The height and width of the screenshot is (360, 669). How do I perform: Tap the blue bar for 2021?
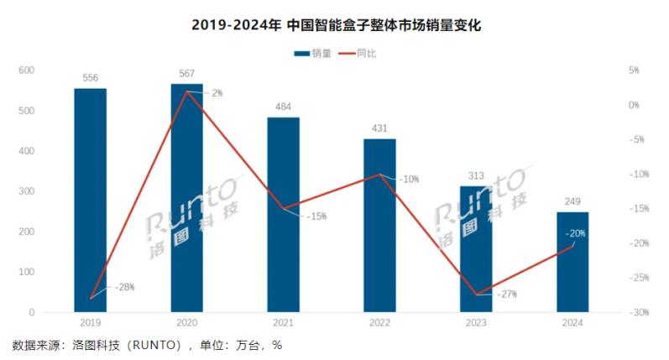tap(283, 214)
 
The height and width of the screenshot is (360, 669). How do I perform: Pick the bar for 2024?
tap(572, 261)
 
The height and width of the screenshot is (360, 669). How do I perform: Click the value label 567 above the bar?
tap(187, 73)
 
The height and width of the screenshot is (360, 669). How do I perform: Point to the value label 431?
tap(379, 128)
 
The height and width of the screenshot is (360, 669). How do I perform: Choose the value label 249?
tap(572, 201)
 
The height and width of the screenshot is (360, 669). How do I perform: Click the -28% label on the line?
tap(123, 287)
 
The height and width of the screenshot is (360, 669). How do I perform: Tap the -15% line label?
tap(315, 216)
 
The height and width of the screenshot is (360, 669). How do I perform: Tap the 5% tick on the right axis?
tap(634, 70)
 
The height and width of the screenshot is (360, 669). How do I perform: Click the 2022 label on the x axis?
tap(379, 323)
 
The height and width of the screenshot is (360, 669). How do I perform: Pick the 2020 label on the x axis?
tap(186, 323)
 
